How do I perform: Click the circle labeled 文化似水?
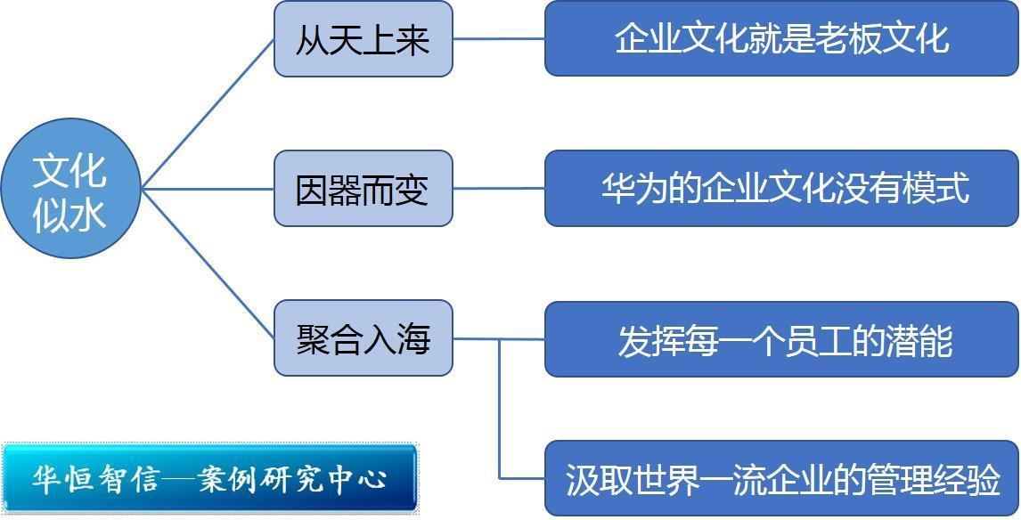(x=71, y=188)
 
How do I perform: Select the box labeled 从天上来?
(x=363, y=39)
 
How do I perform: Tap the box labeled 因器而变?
(x=363, y=189)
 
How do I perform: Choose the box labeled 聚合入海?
(x=363, y=338)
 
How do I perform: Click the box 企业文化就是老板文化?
(x=781, y=38)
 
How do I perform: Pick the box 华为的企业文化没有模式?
(x=781, y=189)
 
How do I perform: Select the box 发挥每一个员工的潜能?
(x=781, y=339)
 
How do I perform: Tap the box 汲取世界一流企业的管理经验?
(x=781, y=478)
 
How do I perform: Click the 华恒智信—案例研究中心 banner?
(x=209, y=478)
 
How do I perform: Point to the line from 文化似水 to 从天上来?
(x=208, y=114)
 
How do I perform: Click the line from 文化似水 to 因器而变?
(x=208, y=189)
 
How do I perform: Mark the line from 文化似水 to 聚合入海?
(x=208, y=264)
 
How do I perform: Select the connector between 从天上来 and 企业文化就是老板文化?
(x=499, y=38)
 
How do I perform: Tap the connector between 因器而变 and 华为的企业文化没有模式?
(x=499, y=189)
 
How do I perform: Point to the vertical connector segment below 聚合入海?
(x=500, y=409)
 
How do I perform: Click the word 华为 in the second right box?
(x=626, y=189)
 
